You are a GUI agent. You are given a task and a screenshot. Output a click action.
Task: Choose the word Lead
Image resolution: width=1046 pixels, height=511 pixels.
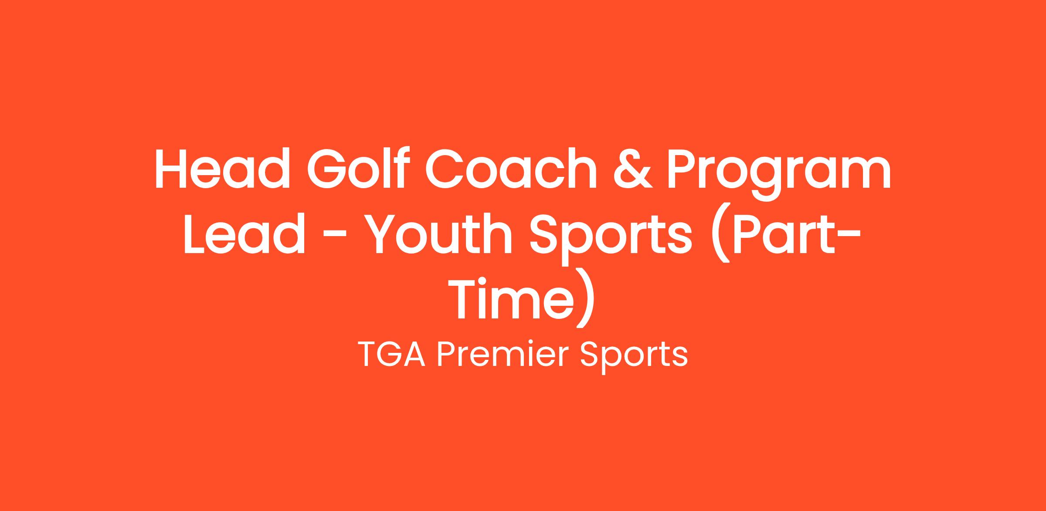[244, 233]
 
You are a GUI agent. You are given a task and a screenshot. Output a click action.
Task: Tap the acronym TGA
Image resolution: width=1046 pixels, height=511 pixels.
[393, 355]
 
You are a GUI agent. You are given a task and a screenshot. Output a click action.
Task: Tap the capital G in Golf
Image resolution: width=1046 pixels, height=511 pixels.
[329, 169]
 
